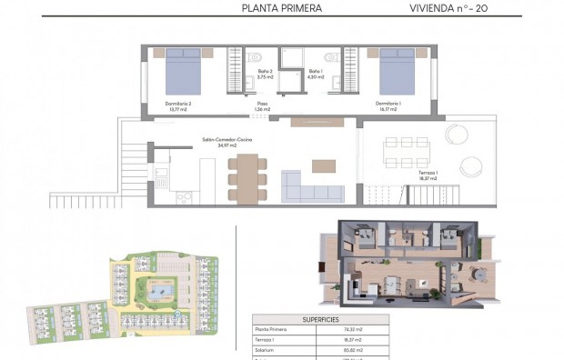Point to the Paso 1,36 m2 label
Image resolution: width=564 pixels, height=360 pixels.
(x=262, y=105)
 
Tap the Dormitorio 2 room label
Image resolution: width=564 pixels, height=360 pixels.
(x=178, y=106)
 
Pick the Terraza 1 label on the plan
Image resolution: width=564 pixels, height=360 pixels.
(x=428, y=175)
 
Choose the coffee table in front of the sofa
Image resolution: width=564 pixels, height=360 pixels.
(x=323, y=165)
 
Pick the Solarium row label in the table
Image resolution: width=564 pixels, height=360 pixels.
(x=267, y=349)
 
